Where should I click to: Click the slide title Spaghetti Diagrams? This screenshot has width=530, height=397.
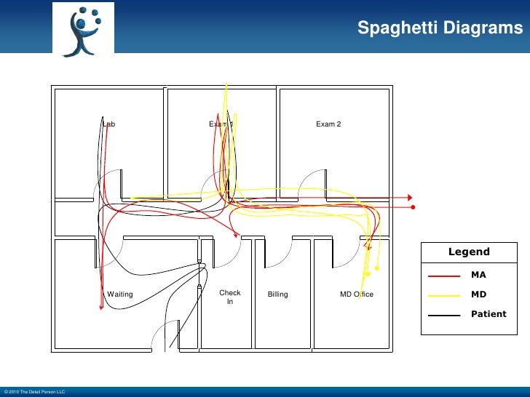[440, 28]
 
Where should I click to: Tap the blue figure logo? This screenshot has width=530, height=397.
[82, 31]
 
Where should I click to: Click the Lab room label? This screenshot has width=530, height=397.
[108, 124]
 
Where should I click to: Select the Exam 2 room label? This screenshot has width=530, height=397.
[328, 124]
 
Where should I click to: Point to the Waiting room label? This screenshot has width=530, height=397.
[120, 294]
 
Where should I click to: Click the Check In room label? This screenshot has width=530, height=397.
[230, 297]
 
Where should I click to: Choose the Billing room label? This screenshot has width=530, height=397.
[277, 294]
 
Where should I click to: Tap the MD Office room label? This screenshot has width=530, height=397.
[357, 294]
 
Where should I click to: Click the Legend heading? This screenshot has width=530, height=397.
[469, 252]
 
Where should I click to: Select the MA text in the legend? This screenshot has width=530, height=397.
[478, 276]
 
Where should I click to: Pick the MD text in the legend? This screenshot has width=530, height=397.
[478, 295]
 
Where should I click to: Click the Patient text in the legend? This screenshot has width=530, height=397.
[488, 314]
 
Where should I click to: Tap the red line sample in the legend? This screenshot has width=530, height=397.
[444, 276]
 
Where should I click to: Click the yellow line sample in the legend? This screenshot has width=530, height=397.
[444, 296]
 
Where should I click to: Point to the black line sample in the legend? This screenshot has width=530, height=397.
[444, 316]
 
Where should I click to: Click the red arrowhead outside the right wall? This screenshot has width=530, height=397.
[411, 198]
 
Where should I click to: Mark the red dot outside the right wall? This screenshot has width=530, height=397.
[413, 208]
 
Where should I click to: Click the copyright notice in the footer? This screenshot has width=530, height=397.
[34, 392]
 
